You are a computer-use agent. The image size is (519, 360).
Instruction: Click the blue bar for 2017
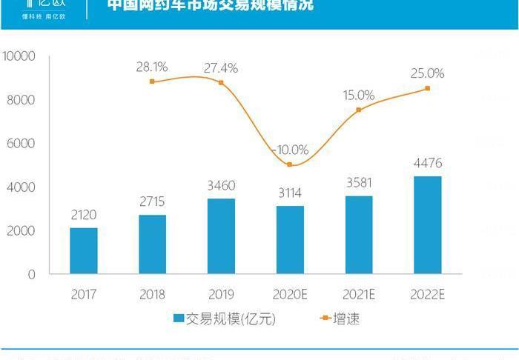point(84,250)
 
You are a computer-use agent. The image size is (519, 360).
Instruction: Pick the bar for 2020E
point(290,239)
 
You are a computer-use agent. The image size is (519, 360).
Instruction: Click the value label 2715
point(152,202)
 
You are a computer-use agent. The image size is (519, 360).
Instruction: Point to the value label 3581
point(359,183)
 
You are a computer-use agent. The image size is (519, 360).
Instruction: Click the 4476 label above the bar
point(428,163)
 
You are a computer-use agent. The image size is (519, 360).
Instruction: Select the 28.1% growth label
point(152,67)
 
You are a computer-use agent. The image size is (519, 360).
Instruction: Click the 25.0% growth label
point(428,73)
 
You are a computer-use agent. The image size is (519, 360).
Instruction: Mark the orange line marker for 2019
point(221,82)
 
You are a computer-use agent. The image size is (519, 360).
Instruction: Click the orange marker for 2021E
point(359,110)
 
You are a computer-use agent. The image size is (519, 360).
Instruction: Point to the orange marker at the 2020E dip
point(290,164)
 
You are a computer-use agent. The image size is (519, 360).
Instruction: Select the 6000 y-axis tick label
point(22,144)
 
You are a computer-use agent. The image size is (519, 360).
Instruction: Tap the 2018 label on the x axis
point(152,294)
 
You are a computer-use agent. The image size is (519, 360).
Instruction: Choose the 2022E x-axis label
point(427,294)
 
